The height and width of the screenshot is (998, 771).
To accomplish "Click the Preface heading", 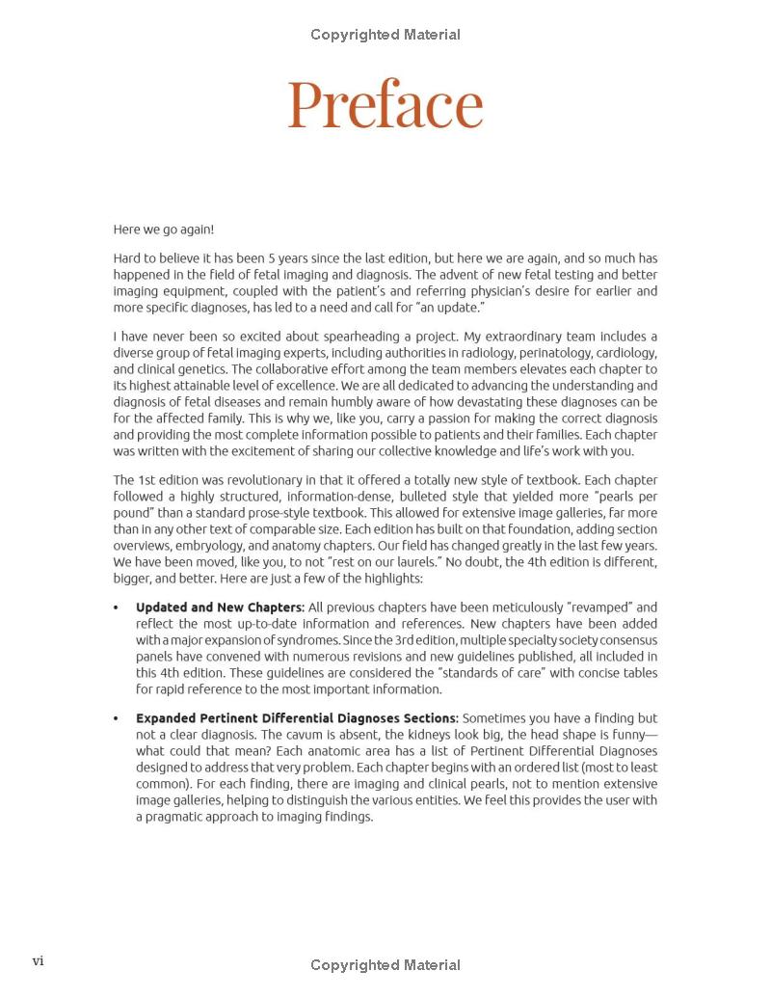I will tap(385, 104).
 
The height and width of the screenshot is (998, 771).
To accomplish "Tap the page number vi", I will tap(39, 960).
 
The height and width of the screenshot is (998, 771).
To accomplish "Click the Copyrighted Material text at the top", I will tap(385, 35).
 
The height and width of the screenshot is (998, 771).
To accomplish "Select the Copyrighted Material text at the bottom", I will tap(385, 965).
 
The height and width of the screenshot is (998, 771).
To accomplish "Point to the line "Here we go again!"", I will tap(164, 229).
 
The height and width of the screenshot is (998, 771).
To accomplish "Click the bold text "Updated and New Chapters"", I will tap(220, 607).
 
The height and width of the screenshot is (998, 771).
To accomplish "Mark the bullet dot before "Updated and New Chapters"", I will tap(117, 608).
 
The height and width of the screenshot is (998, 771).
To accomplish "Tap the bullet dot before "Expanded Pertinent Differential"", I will tap(117, 719).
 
